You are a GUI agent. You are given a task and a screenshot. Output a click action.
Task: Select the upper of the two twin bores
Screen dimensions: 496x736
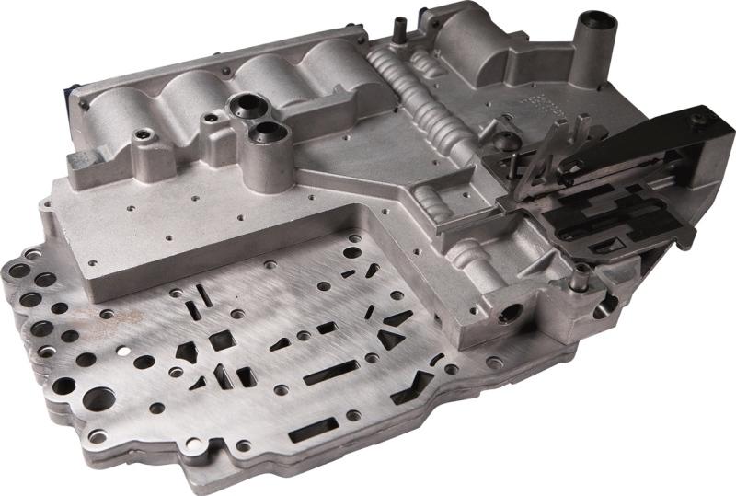(246, 104)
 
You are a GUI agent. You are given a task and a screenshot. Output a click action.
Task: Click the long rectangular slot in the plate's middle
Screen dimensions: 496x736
(330, 373)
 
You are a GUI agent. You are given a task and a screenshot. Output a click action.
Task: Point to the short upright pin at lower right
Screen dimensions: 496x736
(581, 274)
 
